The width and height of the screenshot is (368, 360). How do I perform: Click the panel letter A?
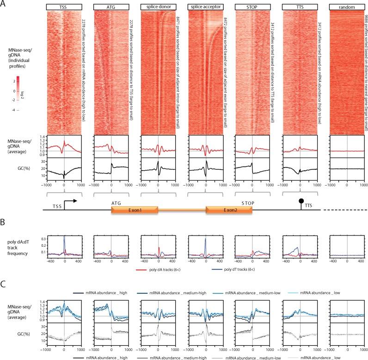coord(4,4)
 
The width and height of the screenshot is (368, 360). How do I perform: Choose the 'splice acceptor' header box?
coord(206,7)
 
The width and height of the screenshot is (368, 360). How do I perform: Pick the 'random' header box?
coord(347,7)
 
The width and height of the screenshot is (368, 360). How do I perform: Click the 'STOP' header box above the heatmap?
coord(253,7)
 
